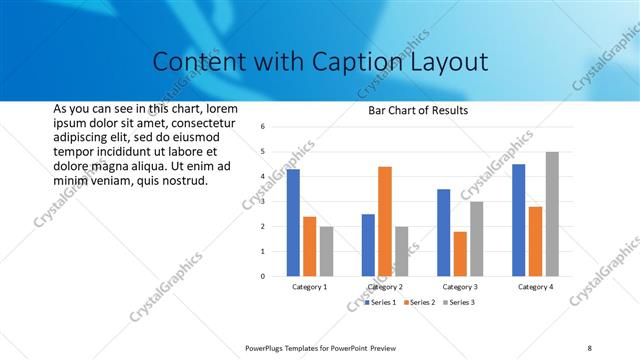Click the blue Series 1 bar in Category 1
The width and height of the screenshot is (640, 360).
click(x=293, y=223)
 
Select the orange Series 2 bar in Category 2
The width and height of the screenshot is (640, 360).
click(x=385, y=221)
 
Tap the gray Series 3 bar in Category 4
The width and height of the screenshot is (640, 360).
click(x=552, y=214)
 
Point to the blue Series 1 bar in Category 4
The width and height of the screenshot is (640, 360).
click(x=519, y=220)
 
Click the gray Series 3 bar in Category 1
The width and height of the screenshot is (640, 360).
click(x=326, y=251)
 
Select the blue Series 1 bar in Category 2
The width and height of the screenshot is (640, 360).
click(x=368, y=245)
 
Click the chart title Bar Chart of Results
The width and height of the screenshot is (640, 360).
click(x=412, y=110)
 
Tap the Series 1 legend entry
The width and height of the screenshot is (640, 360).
click(x=381, y=302)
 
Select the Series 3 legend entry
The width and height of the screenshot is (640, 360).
click(x=460, y=302)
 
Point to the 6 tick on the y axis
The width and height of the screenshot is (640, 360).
click(x=261, y=127)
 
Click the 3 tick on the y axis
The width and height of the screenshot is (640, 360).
click(x=261, y=201)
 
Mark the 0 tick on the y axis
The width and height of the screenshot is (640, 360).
click(x=261, y=276)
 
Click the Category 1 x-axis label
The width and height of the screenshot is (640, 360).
click(x=310, y=287)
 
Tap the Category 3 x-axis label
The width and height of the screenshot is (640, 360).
click(x=461, y=287)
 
